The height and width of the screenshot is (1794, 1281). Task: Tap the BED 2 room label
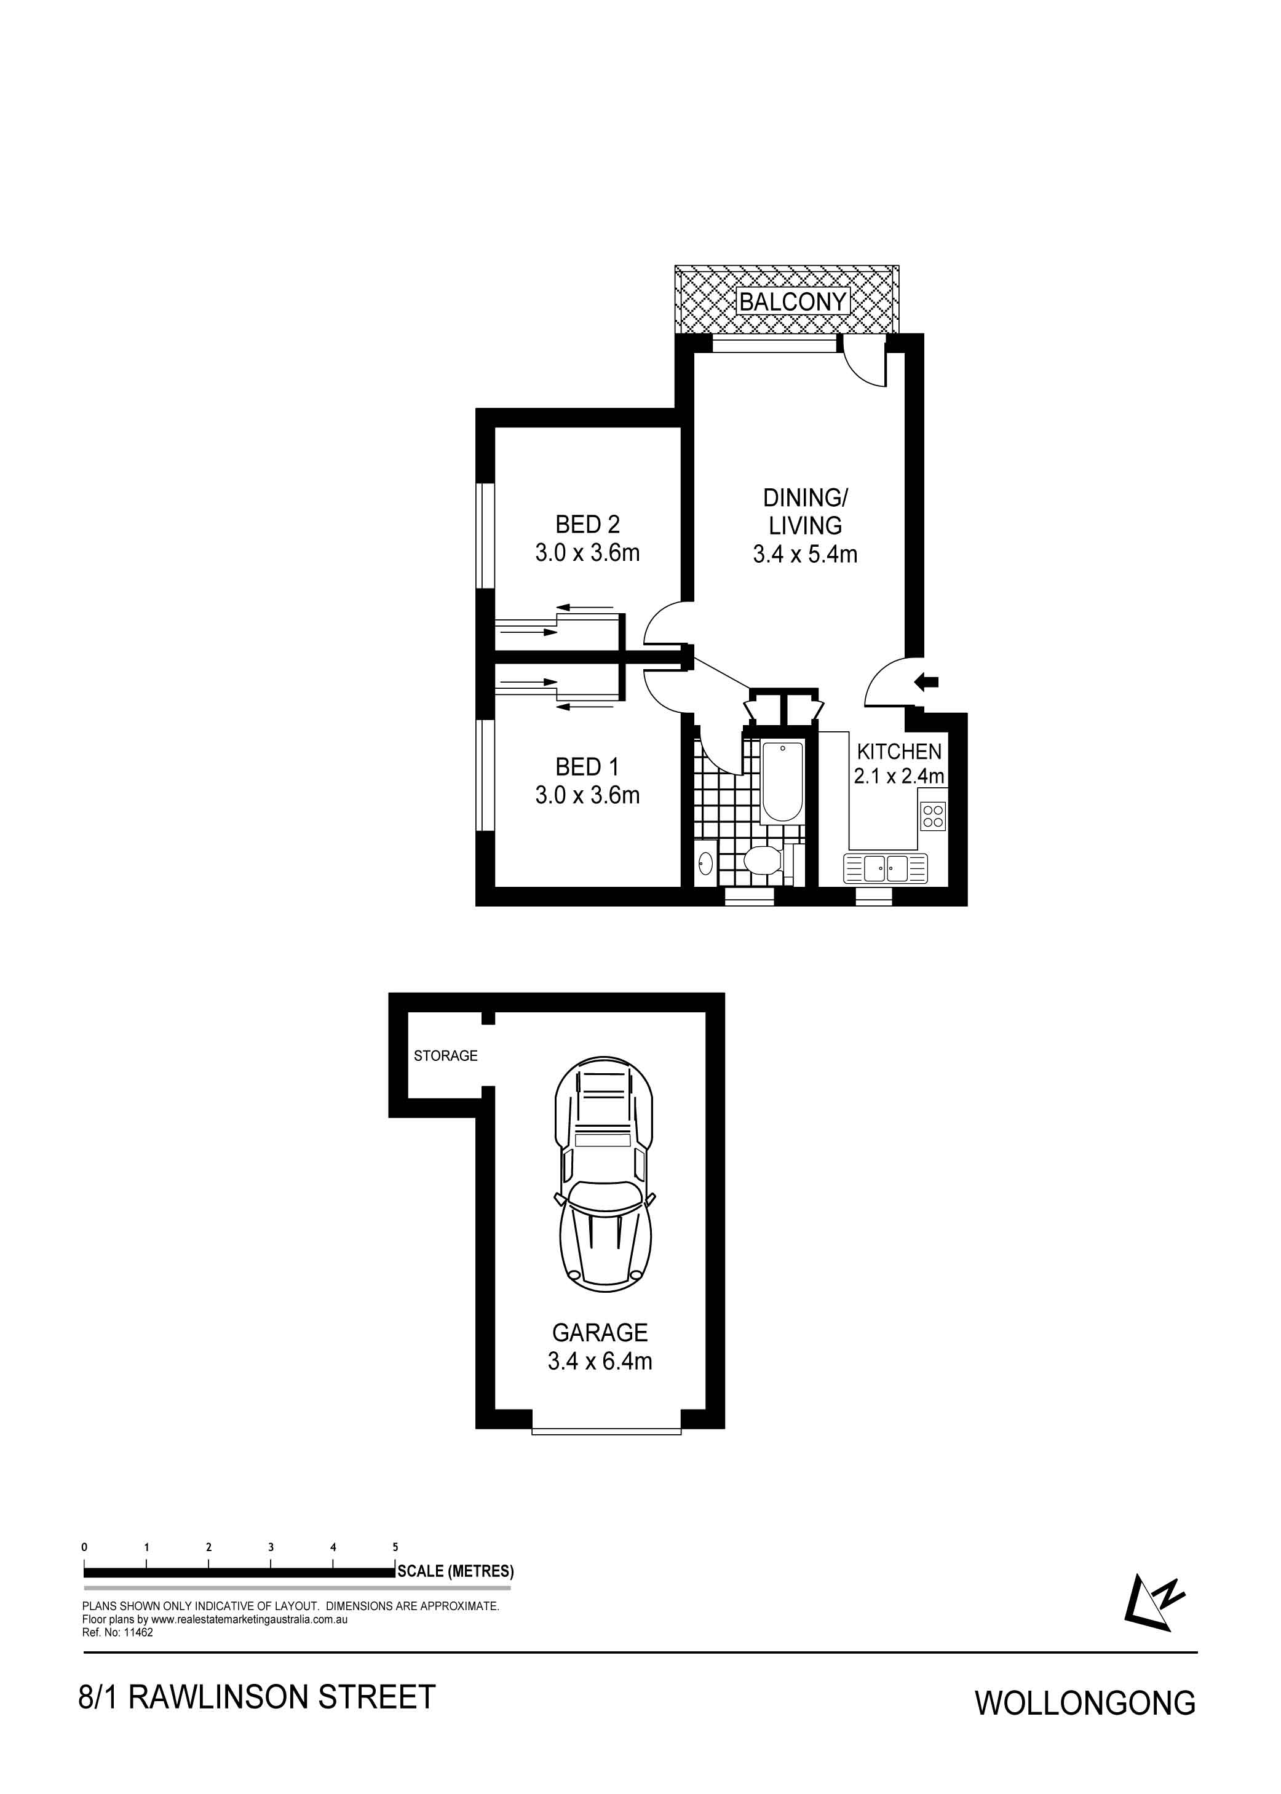click(588, 524)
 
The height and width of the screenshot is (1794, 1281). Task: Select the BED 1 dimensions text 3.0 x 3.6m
click(588, 795)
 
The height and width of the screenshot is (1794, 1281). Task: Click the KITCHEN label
click(900, 751)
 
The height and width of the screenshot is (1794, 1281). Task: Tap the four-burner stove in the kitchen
click(933, 815)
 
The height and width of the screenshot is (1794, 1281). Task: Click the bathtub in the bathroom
click(782, 782)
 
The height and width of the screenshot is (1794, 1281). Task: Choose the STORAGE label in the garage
click(446, 1055)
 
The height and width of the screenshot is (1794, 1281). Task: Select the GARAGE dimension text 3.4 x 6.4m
click(600, 1361)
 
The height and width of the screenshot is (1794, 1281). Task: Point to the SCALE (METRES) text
click(455, 1571)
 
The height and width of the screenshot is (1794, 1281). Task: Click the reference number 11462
click(139, 1632)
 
